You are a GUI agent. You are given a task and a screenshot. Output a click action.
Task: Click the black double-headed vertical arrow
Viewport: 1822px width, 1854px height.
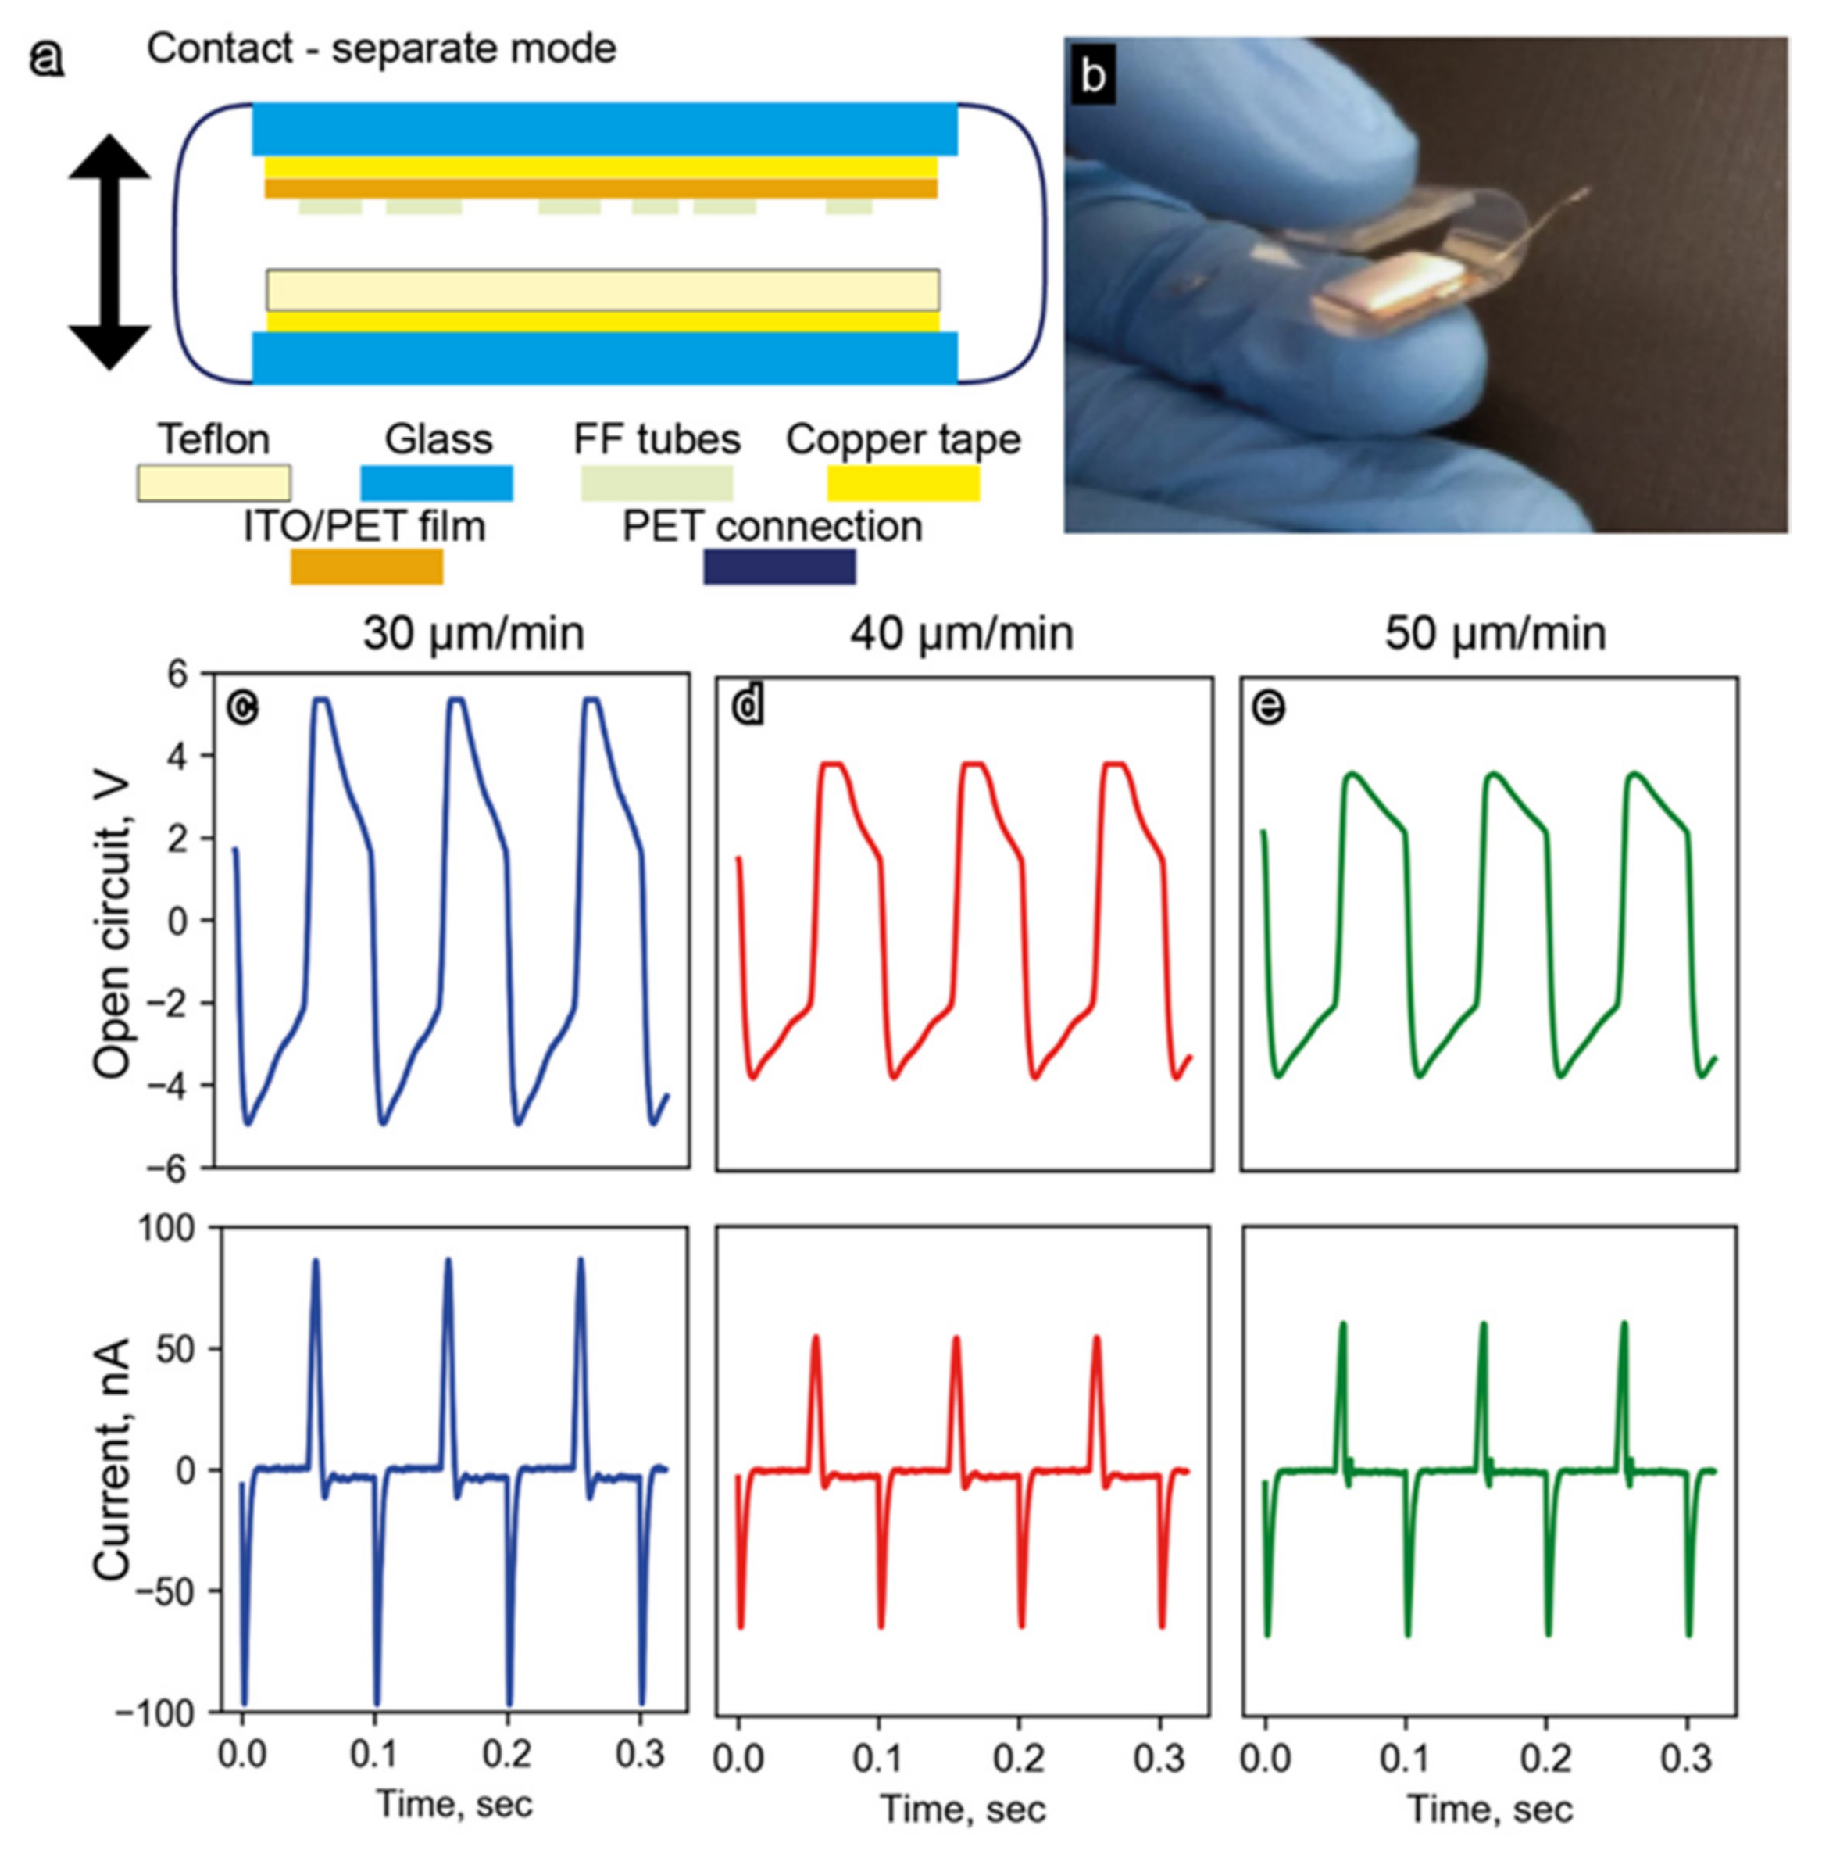point(109,252)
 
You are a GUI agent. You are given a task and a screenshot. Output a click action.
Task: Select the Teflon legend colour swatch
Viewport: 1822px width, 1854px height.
point(213,483)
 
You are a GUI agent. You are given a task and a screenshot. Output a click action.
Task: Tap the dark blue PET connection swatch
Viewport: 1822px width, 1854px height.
point(779,567)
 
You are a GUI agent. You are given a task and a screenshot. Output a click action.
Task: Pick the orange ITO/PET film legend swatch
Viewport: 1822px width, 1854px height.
point(366,567)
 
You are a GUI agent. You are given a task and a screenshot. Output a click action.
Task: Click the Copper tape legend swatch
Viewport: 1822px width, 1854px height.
point(902,483)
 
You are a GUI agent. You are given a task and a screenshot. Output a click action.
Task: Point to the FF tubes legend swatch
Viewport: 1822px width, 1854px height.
point(656,483)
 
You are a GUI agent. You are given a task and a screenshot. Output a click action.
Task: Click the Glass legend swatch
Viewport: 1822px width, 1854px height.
point(437,483)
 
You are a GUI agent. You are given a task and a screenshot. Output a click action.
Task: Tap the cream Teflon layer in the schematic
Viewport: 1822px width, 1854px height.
point(603,290)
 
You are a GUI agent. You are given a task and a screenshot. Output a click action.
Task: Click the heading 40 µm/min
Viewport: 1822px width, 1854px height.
point(961,634)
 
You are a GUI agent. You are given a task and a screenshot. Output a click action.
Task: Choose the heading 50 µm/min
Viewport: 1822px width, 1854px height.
point(1495,634)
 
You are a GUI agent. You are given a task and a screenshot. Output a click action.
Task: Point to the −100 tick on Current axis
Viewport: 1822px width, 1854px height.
point(153,1713)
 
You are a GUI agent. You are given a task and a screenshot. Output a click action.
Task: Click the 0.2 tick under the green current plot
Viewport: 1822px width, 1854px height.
point(1546,1759)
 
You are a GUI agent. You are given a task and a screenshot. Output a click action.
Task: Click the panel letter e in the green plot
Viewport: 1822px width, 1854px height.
point(1269,707)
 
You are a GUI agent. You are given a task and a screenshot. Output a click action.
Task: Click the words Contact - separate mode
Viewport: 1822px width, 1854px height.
point(380,48)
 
